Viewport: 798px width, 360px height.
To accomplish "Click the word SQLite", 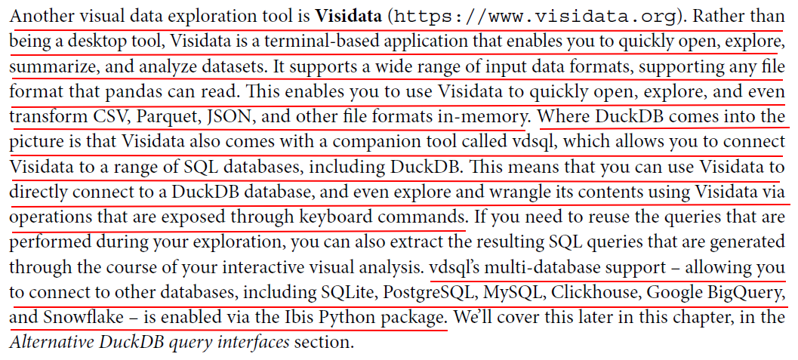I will [x=349, y=292].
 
